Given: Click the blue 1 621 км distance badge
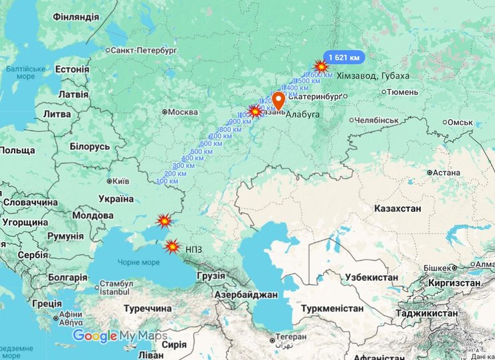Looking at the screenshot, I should [x=344, y=57].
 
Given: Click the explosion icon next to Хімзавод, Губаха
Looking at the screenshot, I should [x=322, y=66].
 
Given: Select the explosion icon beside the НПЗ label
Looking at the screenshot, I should [x=172, y=246].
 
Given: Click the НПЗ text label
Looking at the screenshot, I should [x=195, y=249].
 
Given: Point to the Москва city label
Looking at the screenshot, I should [x=183, y=112].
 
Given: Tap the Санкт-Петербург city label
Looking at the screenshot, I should [x=144, y=50].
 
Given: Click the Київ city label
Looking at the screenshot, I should [x=120, y=181].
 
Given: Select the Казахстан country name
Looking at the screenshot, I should [x=397, y=209].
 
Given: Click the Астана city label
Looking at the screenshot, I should [x=446, y=173].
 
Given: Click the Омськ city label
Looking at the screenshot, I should [x=460, y=122].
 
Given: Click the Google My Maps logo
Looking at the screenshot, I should [x=120, y=336].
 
